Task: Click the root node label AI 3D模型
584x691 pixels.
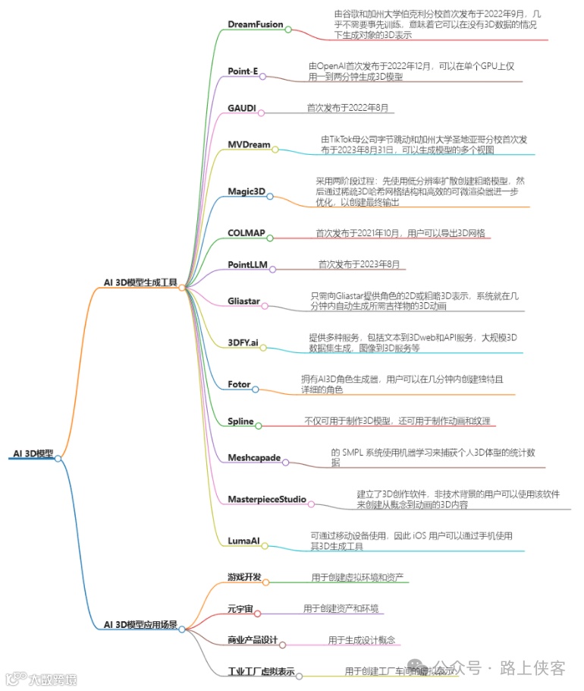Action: [33, 453]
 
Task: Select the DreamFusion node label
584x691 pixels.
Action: [255, 24]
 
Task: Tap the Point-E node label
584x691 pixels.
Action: [243, 71]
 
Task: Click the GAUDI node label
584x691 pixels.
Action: [242, 108]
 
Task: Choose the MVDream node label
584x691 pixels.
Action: [249, 144]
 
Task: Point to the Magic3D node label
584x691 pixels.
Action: [246, 191]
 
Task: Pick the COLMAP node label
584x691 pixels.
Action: [246, 232]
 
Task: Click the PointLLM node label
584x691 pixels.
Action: [248, 264]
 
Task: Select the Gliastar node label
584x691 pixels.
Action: [243, 301]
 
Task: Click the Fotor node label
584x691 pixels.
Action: [239, 384]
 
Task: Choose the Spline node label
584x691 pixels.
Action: [240, 421]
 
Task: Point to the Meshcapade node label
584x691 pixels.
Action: [254, 458]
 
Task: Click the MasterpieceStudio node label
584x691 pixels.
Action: [267, 499]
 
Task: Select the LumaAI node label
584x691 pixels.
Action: [243, 541]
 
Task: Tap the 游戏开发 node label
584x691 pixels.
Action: [244, 577]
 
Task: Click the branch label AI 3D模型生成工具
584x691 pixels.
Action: [140, 282]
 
